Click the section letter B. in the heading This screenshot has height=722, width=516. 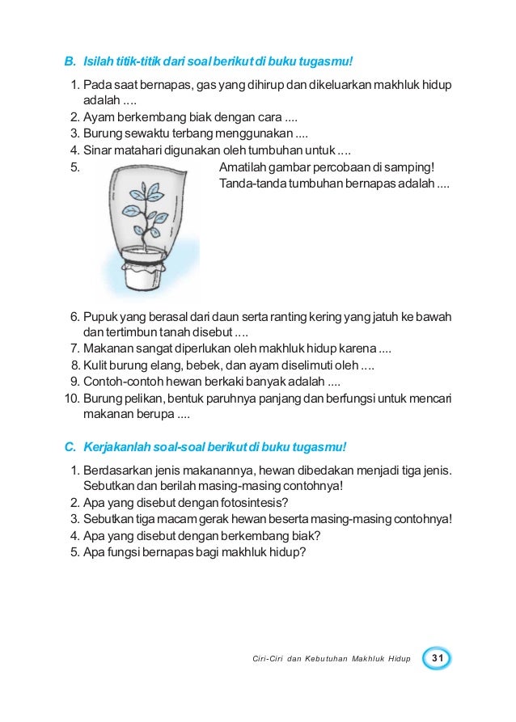click(69, 61)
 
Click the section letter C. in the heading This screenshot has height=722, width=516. click(69, 447)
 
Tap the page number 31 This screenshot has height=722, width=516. click(438, 659)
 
